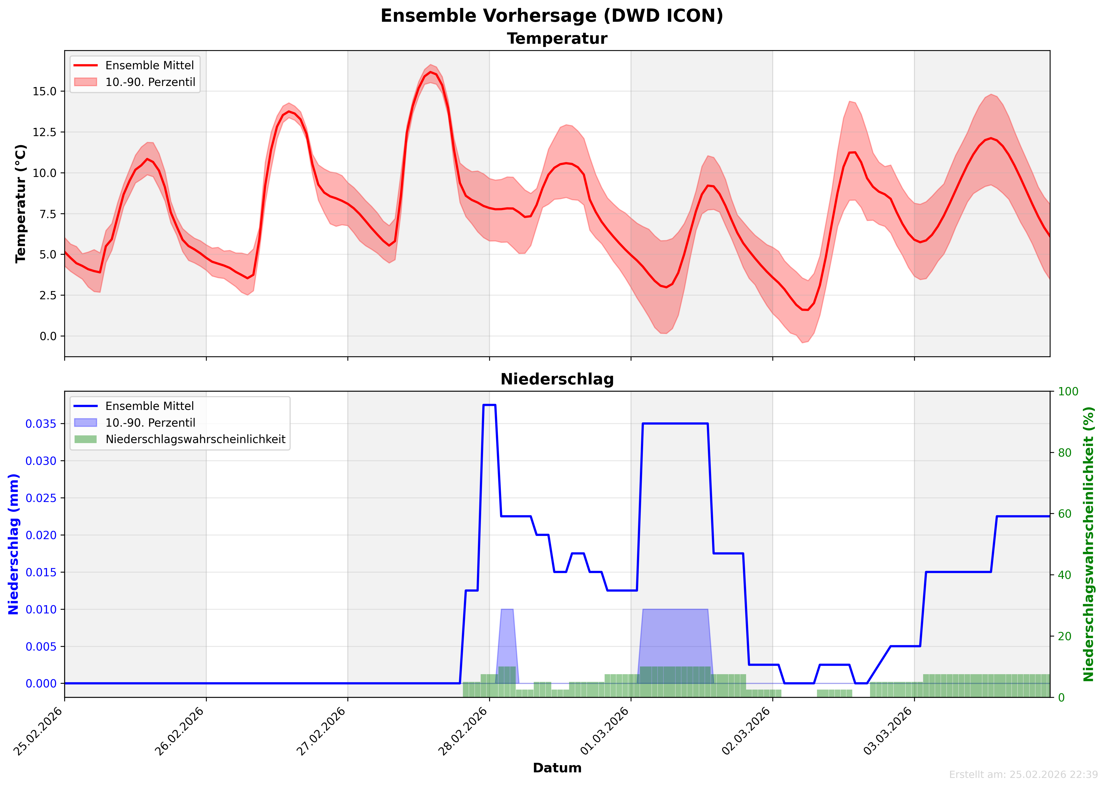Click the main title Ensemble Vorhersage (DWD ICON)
tap(552, 16)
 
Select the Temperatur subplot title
tap(557, 39)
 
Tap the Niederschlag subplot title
tap(557, 379)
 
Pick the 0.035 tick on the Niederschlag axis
tap(41, 424)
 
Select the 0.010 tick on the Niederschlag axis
tap(41, 609)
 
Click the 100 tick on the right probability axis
tap(1068, 392)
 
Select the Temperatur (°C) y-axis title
tap(20, 204)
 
